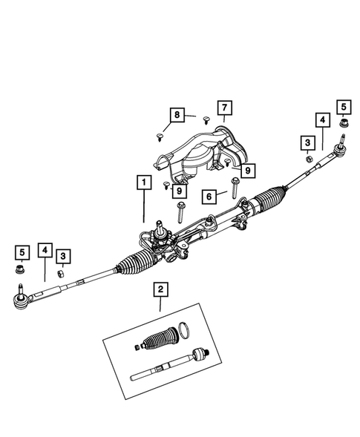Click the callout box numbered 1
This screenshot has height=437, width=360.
coord(141,182)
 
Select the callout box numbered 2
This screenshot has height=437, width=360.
coord(159,289)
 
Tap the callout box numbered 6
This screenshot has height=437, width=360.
coord(209,197)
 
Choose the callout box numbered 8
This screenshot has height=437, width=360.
coord(177,115)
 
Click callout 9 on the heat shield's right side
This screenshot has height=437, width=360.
coord(247,171)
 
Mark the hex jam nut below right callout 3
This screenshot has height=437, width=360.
coord(305,158)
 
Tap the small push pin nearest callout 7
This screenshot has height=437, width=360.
coord(207,118)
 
